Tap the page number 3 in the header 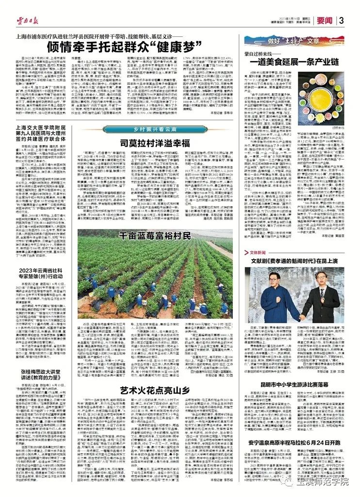pos(342,20)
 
